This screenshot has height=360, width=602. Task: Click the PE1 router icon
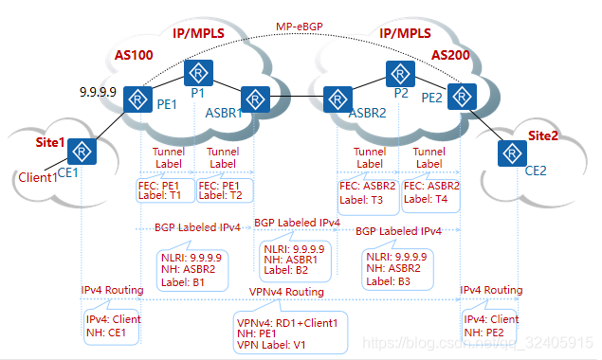pos(140,98)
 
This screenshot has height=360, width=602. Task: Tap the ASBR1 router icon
pos(254,98)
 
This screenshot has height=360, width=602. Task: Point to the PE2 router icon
pos(460,97)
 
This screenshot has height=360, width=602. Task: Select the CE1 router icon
pos(82,150)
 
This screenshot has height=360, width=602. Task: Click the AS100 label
pos(133,55)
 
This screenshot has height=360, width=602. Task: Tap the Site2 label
pos(543,135)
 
